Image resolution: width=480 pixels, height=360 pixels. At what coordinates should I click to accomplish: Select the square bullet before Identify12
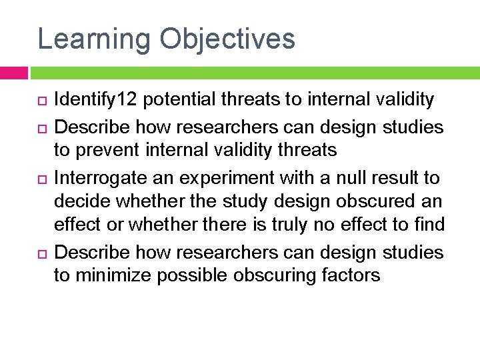point(40,101)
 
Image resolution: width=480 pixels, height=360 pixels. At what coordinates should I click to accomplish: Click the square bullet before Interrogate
point(40,178)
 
